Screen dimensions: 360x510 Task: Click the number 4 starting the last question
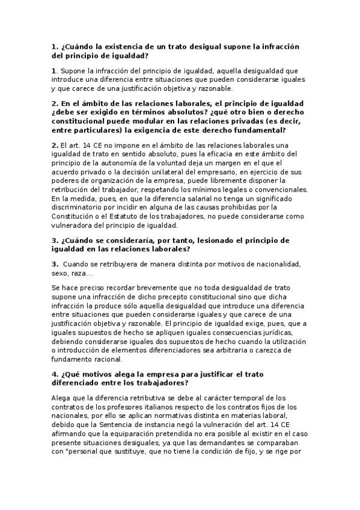pos(54,374)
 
